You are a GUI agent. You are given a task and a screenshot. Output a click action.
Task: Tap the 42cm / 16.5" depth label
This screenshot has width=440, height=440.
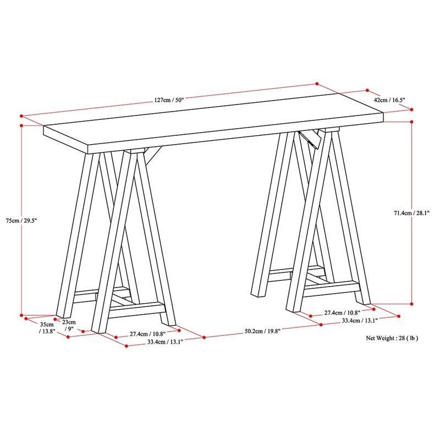389,100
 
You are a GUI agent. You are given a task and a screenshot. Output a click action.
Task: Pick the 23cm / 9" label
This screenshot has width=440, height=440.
69,325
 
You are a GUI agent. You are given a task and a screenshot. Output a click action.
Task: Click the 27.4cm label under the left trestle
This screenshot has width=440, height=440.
147,333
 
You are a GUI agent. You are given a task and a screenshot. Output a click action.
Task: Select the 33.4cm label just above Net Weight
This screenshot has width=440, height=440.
359,321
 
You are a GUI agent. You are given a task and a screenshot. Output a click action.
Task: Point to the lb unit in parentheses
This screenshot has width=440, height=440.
413,338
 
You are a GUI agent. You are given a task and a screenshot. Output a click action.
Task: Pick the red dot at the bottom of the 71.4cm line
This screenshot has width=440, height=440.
411,303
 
